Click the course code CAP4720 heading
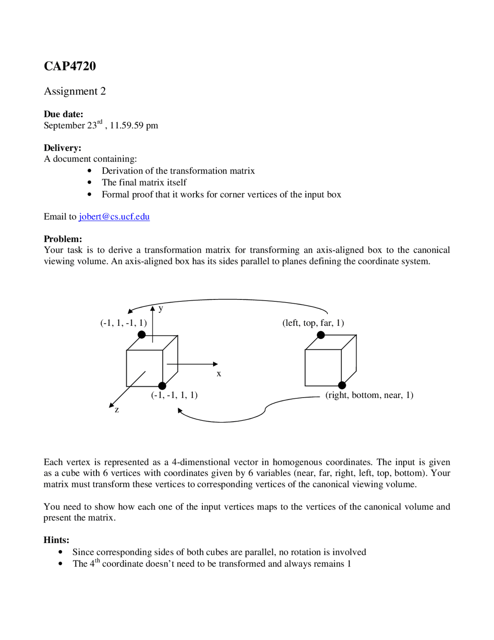[70, 66]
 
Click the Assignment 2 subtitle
[75, 91]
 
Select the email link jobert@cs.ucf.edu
[114, 216]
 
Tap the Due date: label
[63, 114]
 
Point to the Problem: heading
[63, 239]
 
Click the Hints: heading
[56, 540]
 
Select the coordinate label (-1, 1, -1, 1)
[123, 323]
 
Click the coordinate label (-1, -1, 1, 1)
[174, 395]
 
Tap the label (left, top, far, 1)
[313, 323]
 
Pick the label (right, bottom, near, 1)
[369, 395]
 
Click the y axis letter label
[161, 308]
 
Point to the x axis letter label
[219, 374]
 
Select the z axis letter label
[117, 410]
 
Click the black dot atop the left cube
[142, 335]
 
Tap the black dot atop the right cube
[321, 335]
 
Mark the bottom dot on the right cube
[342, 385]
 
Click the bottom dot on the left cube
[162, 386]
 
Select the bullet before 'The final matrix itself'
[90, 182]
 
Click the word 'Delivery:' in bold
[63, 148]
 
